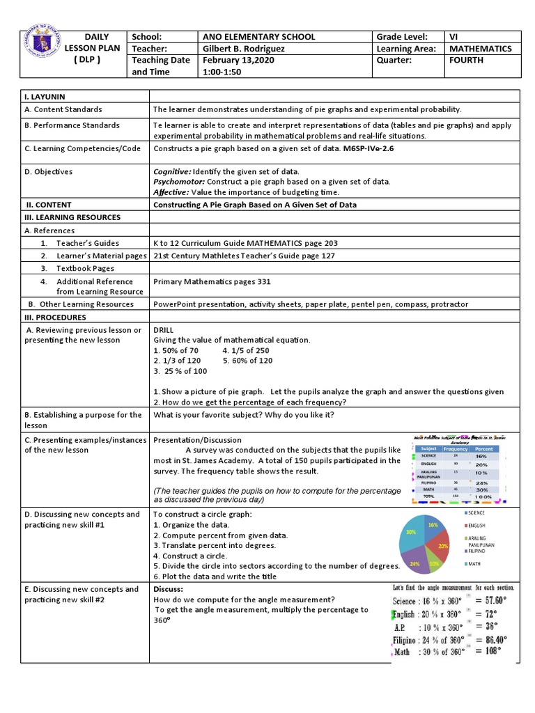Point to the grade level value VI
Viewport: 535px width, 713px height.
tap(453, 37)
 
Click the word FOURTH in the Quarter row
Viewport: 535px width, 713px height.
tap(466, 61)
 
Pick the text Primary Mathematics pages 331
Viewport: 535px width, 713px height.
tap(212, 282)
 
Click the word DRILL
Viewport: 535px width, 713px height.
tap(164, 329)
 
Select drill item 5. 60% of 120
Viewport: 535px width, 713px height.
tap(247, 361)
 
